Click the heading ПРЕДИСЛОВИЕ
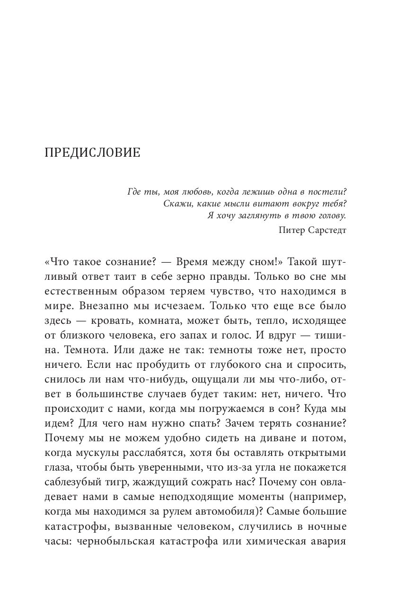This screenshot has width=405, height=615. [92, 153]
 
